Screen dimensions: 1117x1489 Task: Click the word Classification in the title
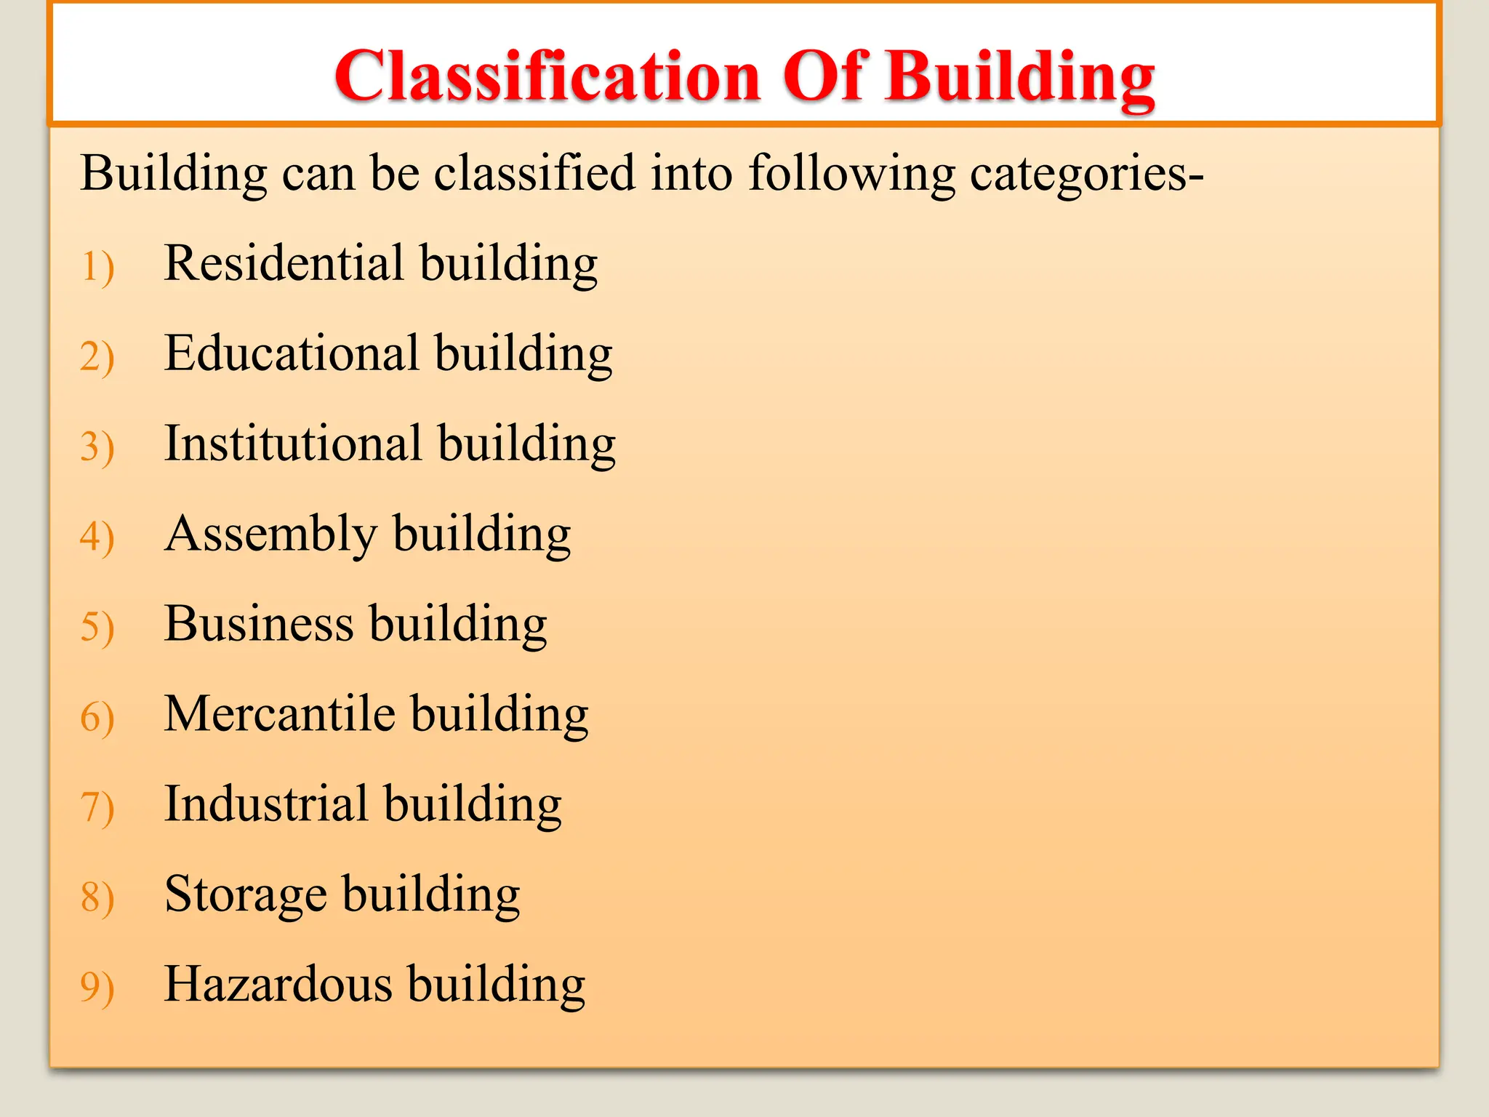(547, 76)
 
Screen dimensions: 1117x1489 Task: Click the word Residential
(284, 263)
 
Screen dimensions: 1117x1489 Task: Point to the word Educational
(292, 353)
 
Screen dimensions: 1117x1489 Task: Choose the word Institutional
(293, 444)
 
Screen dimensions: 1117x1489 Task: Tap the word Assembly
(270, 535)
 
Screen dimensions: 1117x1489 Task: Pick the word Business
(259, 624)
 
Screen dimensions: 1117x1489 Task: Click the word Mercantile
(280, 714)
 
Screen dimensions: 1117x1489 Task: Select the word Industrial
(266, 804)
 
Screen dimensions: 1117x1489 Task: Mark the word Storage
(246, 894)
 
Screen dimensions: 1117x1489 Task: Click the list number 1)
(97, 267)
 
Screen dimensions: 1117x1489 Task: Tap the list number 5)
(97, 628)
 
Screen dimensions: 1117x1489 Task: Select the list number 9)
(97, 988)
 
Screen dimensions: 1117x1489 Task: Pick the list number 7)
(97, 808)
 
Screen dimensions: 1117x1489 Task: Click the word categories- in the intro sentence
(1086, 175)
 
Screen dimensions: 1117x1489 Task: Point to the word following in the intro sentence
(851, 175)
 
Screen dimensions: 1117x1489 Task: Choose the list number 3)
(97, 447)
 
